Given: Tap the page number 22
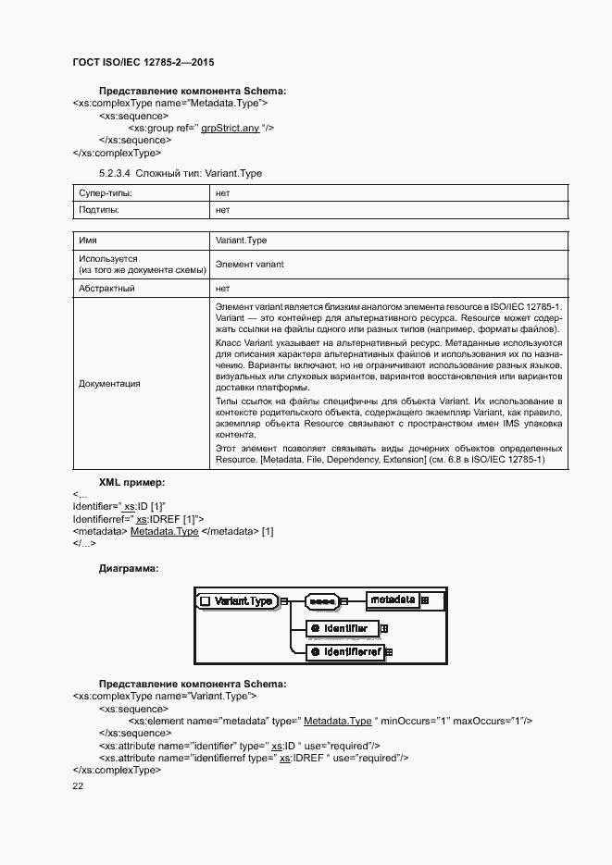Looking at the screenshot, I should (78, 785).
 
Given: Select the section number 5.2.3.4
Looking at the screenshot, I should (115, 173).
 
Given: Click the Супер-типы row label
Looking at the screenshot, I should (106, 194).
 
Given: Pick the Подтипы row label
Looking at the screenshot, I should (101, 211).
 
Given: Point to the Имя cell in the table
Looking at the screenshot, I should (89, 241).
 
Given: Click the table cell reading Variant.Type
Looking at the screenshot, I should (241, 241).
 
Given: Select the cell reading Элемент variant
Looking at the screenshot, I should (249, 265).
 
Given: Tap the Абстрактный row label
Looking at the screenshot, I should (107, 289).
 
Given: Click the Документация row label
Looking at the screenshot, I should (110, 383).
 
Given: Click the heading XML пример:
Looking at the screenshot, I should (131, 483).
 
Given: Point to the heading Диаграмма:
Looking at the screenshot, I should (129, 569).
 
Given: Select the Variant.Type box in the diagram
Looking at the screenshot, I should (238, 601).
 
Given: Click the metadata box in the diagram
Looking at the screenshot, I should (393, 600).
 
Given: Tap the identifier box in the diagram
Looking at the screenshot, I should (343, 629).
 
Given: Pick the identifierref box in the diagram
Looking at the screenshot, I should (345, 652).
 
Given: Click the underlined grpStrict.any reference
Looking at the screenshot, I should (230, 128).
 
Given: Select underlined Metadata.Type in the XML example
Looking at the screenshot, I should (164, 532).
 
